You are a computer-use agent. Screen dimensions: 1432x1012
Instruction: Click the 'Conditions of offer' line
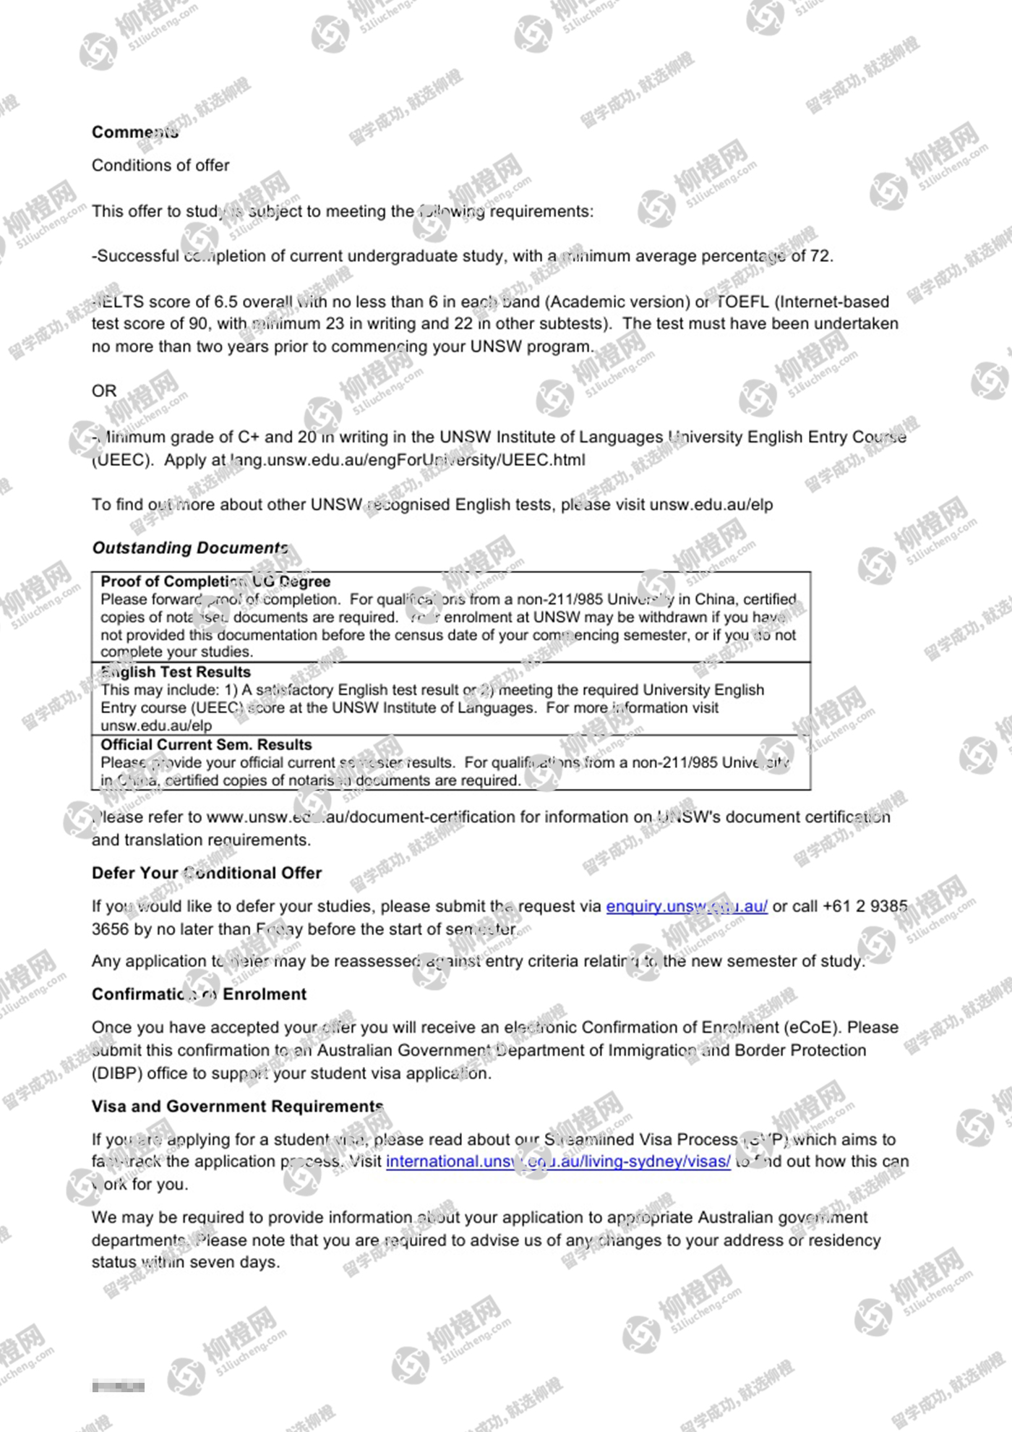pos(160,166)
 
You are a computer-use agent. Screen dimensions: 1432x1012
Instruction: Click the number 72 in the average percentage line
pos(820,256)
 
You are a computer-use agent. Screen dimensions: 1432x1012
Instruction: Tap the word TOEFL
pos(742,302)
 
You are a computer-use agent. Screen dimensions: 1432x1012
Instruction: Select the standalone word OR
pos(104,391)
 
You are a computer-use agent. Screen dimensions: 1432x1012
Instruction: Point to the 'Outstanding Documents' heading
pos(190,548)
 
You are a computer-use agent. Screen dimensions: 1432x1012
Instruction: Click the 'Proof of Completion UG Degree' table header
pos(215,581)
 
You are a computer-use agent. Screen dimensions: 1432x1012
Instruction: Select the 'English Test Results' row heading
pos(176,672)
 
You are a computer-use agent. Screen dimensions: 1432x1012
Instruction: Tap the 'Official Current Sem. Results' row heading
pos(206,745)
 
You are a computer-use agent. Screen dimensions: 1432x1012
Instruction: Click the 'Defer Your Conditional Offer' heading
pos(207,874)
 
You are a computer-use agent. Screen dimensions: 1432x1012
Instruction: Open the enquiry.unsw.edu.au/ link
pos(686,906)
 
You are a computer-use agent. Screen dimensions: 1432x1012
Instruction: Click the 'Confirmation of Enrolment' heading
pos(199,994)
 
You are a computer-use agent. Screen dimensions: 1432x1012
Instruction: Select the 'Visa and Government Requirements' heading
pos(237,1107)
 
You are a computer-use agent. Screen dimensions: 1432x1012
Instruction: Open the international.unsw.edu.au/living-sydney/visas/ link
pos(558,1162)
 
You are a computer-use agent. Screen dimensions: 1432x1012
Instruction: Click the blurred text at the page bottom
pos(118,1386)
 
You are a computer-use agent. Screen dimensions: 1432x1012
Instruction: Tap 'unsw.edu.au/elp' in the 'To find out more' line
pos(711,505)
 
